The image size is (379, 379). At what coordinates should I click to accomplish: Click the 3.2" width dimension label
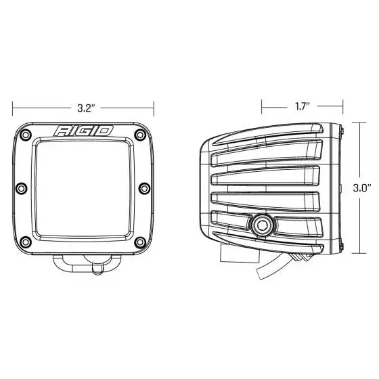point(84,106)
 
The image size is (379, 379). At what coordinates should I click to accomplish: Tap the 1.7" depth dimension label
point(303,106)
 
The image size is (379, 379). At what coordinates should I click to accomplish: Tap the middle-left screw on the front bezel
point(21,187)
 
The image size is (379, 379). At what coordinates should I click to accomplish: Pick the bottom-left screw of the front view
point(26,240)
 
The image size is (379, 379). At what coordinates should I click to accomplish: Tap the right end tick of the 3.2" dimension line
point(154,106)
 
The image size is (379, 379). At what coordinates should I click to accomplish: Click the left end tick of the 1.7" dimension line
point(264,106)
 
